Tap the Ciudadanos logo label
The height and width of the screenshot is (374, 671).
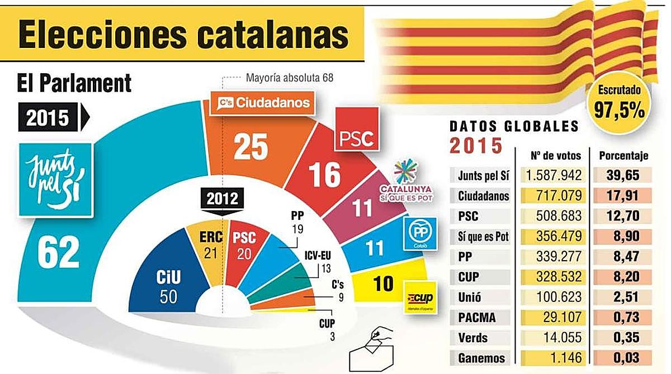click(x=259, y=103)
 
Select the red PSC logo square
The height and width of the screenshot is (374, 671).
click(x=356, y=130)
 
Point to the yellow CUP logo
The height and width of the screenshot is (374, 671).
click(x=420, y=296)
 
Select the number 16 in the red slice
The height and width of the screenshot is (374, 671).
click(x=324, y=174)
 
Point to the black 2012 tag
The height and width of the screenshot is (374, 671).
click(x=222, y=199)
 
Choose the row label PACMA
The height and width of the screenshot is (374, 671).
click(x=480, y=318)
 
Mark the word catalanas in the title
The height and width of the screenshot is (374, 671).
click(x=268, y=35)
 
